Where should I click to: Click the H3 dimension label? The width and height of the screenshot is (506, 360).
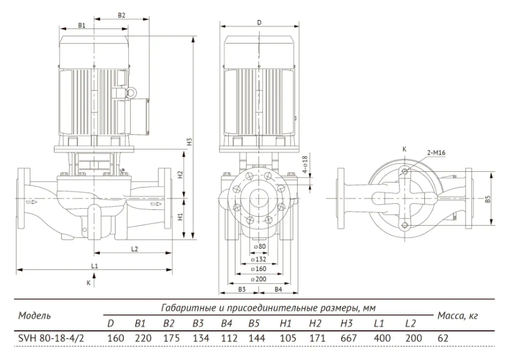pyautogui.click(x=190, y=142)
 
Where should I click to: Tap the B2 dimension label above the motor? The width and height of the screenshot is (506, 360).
pyautogui.click(x=121, y=15)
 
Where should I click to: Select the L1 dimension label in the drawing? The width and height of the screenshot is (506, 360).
pyautogui.click(x=94, y=266)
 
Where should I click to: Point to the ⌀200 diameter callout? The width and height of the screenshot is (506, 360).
pyautogui.click(x=258, y=279)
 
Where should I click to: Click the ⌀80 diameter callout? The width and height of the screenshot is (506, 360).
pyautogui.click(x=260, y=246)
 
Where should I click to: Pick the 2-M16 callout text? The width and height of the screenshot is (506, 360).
pyautogui.click(x=436, y=152)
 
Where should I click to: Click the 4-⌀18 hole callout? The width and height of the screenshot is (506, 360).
pyautogui.click(x=305, y=165)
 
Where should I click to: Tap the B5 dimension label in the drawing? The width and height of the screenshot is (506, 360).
pyautogui.click(x=488, y=199)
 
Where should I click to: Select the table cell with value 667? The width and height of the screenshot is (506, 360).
pyautogui.click(x=349, y=338)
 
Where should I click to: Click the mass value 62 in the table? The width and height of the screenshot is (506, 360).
pyautogui.click(x=443, y=338)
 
